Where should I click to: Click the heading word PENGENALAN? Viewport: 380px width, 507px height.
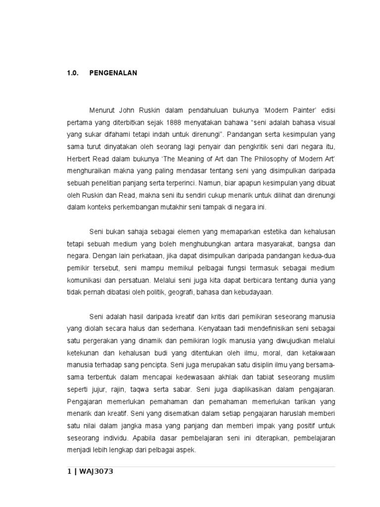click(113, 73)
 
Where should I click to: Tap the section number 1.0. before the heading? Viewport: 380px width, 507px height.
click(73, 73)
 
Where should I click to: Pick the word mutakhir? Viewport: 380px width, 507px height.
click(183, 207)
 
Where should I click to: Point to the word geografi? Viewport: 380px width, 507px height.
click(180, 292)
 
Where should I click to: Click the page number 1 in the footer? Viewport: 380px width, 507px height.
click(69, 471)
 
